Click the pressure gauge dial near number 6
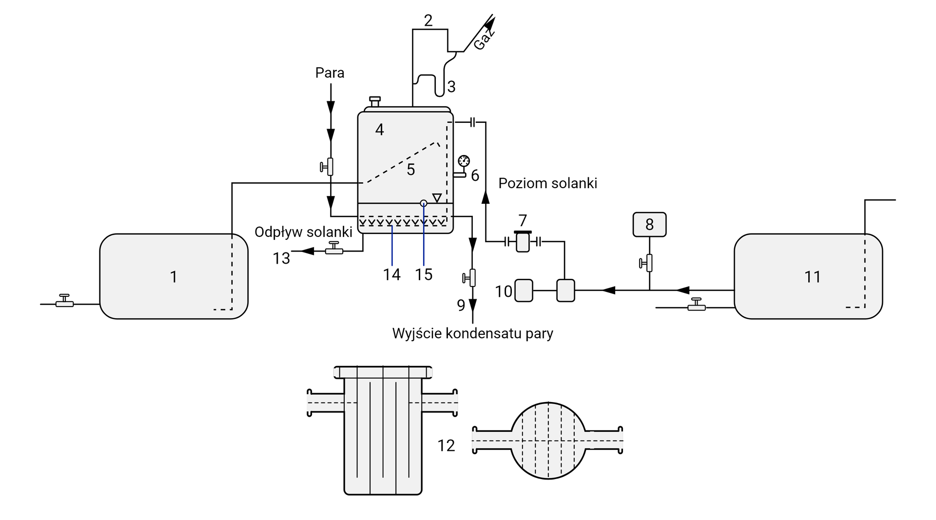click(x=464, y=161)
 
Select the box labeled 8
click(x=649, y=225)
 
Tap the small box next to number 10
click(x=524, y=290)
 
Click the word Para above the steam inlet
click(x=330, y=73)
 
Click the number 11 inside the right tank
click(x=812, y=277)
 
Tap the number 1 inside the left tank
click(x=174, y=277)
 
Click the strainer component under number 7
click(x=522, y=241)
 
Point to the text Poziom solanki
click(x=547, y=183)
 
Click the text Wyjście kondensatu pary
click(x=472, y=334)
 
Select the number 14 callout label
click(x=391, y=275)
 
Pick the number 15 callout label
click(x=424, y=275)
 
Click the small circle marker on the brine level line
click(x=423, y=203)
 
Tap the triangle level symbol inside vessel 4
click(x=437, y=197)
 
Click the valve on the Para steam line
click(x=329, y=167)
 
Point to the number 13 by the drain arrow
click(x=281, y=258)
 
